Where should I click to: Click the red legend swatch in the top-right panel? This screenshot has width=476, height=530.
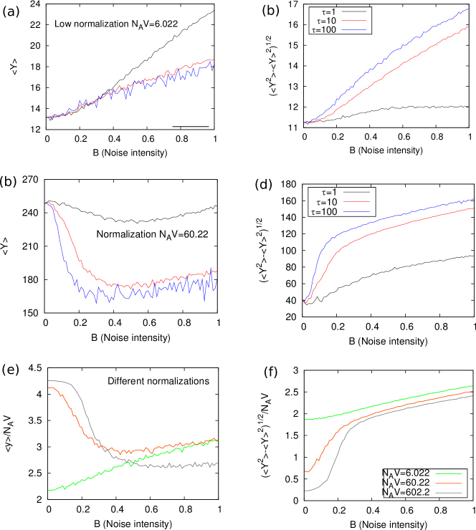point(353,21)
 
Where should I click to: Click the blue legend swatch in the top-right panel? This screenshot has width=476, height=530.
point(353,30)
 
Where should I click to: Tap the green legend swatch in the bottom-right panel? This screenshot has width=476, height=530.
point(448,474)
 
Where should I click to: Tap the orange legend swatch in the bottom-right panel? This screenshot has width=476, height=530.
point(448,483)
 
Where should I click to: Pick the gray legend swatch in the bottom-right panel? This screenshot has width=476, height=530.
point(448,493)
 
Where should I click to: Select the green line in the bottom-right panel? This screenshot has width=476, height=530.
point(387,403)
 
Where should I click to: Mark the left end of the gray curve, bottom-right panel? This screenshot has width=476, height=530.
point(306,491)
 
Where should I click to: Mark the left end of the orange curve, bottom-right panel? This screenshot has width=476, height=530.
point(306,472)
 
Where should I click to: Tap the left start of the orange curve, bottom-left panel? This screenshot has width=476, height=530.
point(49,387)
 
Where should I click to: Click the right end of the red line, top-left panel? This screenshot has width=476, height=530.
point(212,60)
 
